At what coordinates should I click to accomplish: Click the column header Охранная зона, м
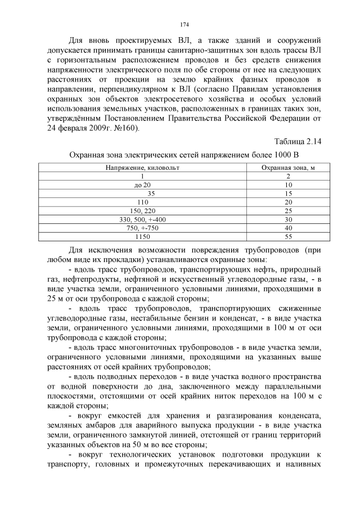(x=288, y=168)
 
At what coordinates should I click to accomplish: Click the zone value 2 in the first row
(x=288, y=176)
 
